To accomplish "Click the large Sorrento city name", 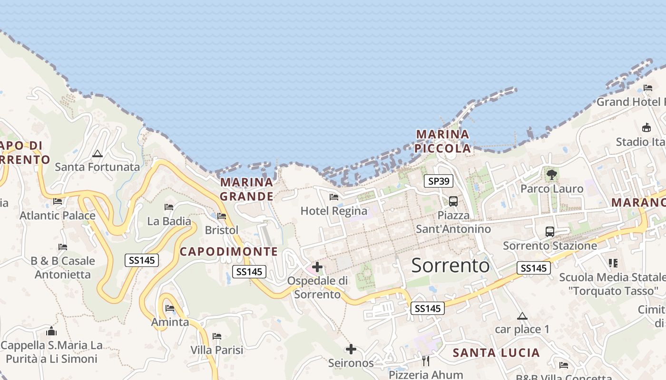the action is pos(450,266).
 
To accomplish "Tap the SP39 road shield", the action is pos(439,181).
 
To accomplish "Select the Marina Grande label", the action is pos(246,189).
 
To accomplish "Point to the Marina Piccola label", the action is pos(442,142).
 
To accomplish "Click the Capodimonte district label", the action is pos(228,252).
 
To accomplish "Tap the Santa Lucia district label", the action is pos(496,353).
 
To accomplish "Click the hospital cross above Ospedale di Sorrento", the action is pos(317,267).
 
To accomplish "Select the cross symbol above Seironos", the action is pos(351,350).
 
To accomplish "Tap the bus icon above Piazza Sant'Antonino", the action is pos(453,201).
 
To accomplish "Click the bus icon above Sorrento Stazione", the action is pos(550,232).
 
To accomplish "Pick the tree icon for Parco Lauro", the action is pos(552,175).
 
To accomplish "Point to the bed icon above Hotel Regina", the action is pos(334,197).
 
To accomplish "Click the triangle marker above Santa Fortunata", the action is pos(98,153).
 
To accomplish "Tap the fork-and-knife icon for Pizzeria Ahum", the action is pos(426,361).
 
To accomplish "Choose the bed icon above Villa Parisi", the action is pos(217,336).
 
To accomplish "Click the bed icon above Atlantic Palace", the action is pos(58,201).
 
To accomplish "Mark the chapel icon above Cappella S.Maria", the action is pos(51,331).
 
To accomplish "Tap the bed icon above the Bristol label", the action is pos(222,216).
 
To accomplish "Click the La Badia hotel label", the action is pos(169,221).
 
